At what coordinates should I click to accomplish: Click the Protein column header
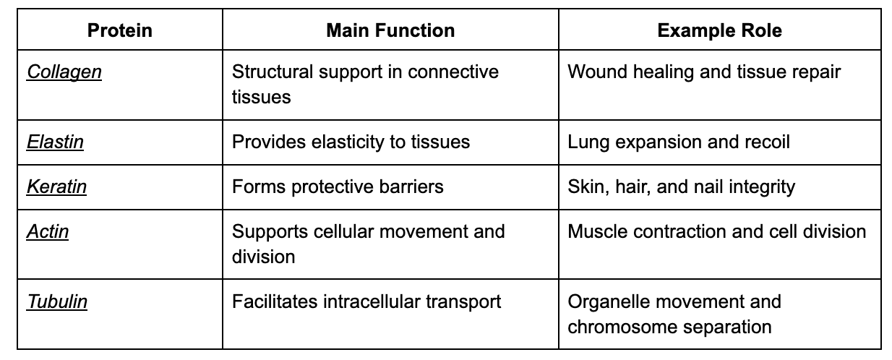pyautogui.click(x=119, y=30)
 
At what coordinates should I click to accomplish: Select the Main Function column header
pyautogui.click(x=390, y=30)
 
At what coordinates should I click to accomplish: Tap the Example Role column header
pyautogui.click(x=719, y=30)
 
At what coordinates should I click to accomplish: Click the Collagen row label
pyautogui.click(x=64, y=72)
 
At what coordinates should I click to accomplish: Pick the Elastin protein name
pyautogui.click(x=55, y=142)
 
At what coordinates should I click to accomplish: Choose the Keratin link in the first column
pyautogui.click(x=56, y=187)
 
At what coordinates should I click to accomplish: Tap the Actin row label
pyautogui.click(x=48, y=231)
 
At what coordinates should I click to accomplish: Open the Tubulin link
pyautogui.click(x=57, y=301)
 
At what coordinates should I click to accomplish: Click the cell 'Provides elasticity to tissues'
pyautogui.click(x=351, y=142)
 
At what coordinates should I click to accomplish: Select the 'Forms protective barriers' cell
pyautogui.click(x=338, y=187)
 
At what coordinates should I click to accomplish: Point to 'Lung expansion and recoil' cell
pyautogui.click(x=678, y=142)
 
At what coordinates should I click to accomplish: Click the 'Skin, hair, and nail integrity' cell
pyautogui.click(x=681, y=187)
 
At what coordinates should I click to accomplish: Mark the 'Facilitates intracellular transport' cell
pyautogui.click(x=366, y=301)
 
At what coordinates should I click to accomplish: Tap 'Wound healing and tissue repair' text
pyautogui.click(x=704, y=72)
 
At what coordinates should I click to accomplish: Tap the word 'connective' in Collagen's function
pyautogui.click(x=453, y=72)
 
